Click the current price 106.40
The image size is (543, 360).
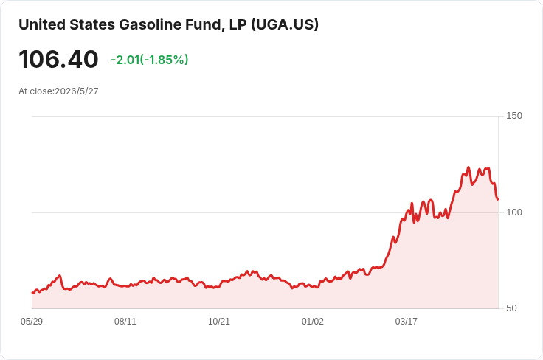pos(58,60)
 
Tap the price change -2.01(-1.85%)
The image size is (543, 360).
pos(150,60)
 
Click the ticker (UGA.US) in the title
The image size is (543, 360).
pos(285,25)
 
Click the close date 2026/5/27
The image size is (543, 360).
pos(77,91)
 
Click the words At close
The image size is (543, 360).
pos(36,91)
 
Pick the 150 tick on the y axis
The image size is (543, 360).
pos(514,116)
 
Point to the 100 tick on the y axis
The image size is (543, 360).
pos(514,212)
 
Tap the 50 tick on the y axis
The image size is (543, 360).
pos(511,308)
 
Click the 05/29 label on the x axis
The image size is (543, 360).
pos(32,322)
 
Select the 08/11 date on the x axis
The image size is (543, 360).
pos(125,322)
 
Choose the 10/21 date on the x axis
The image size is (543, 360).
pos(219,322)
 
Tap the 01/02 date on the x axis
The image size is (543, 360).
pos(312,322)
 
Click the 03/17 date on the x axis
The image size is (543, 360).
pos(407,322)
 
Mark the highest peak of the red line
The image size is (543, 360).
pos(468,167)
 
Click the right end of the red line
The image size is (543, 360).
pos(498,200)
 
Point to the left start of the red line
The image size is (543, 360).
pos(32,293)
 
